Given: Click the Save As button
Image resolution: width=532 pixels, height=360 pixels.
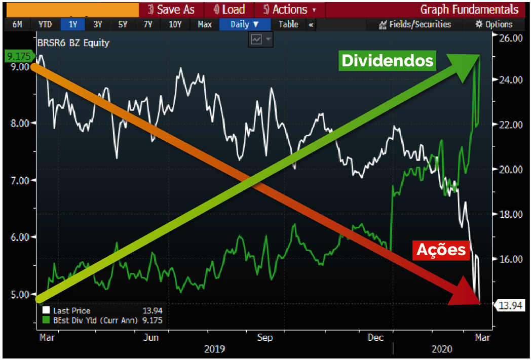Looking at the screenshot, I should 171,10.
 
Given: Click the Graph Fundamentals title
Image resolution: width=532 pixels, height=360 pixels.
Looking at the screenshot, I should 469,10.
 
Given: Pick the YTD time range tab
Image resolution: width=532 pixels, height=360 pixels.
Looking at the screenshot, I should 45,24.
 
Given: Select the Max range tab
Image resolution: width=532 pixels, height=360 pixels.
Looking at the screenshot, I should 205,24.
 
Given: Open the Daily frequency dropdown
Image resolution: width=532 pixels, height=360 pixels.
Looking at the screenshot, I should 245,24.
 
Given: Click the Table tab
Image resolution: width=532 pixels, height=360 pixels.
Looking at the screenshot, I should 288,24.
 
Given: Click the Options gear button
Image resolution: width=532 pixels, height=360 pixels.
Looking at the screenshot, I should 494,24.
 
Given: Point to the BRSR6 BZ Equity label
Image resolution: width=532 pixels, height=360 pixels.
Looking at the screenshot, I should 73,43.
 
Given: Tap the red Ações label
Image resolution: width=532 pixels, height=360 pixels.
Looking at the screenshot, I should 440,250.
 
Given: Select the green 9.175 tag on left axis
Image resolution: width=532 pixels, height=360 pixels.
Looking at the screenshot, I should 16,55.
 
